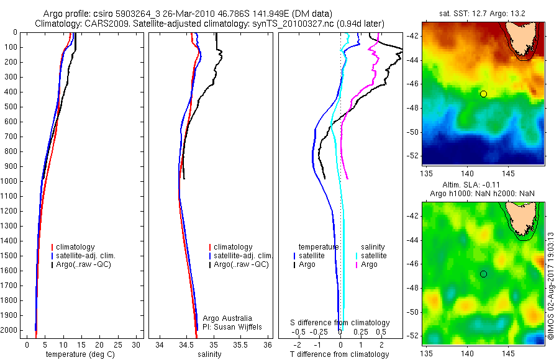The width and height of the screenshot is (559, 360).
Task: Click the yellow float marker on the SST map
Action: [x=483, y=94]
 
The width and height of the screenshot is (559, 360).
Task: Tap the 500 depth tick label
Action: [x=10, y=107]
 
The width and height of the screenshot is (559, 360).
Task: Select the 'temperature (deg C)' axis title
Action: [x=78, y=354]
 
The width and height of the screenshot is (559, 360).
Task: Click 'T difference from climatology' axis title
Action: [x=340, y=354]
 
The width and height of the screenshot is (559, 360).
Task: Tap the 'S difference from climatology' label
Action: [x=340, y=323]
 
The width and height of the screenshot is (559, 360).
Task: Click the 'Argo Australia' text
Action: [x=227, y=318]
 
